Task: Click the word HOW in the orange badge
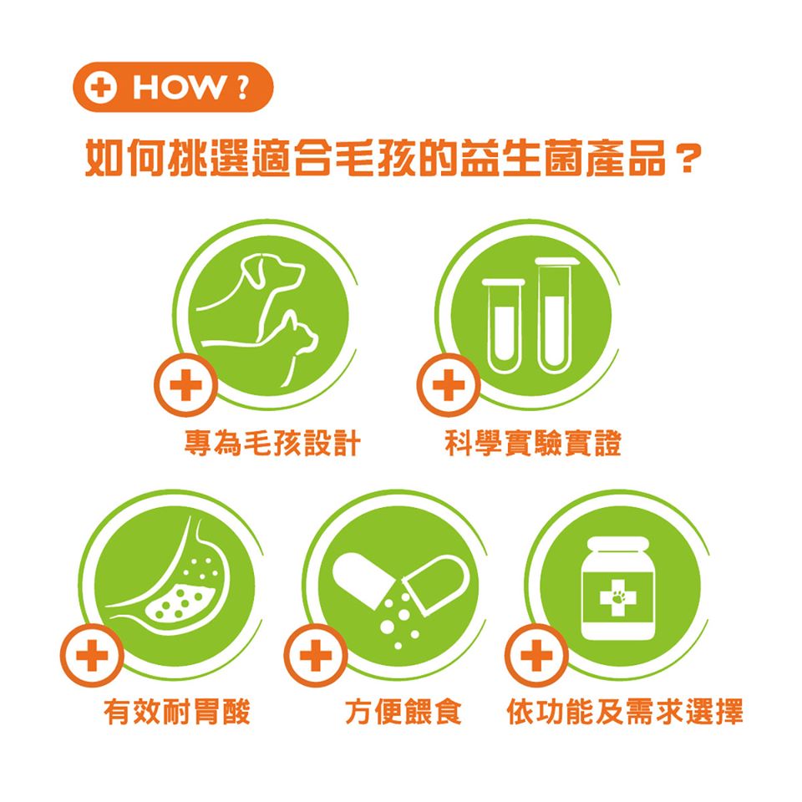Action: click(178, 88)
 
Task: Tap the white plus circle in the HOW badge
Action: click(100, 88)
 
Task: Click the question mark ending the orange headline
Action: click(688, 159)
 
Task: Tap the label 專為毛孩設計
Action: click(272, 443)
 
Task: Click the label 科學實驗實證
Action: click(534, 443)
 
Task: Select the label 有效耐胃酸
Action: click(177, 712)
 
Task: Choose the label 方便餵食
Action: click(404, 712)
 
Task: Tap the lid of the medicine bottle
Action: click(618, 544)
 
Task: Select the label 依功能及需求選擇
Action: click(625, 712)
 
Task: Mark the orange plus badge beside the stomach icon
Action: click(92, 655)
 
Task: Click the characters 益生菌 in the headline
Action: click(521, 158)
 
